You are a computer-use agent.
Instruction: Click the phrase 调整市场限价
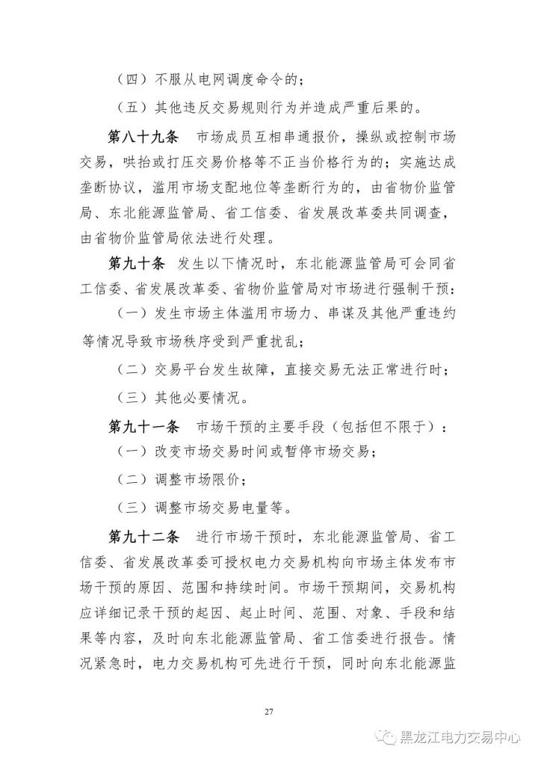pyautogui.click(x=198, y=478)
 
